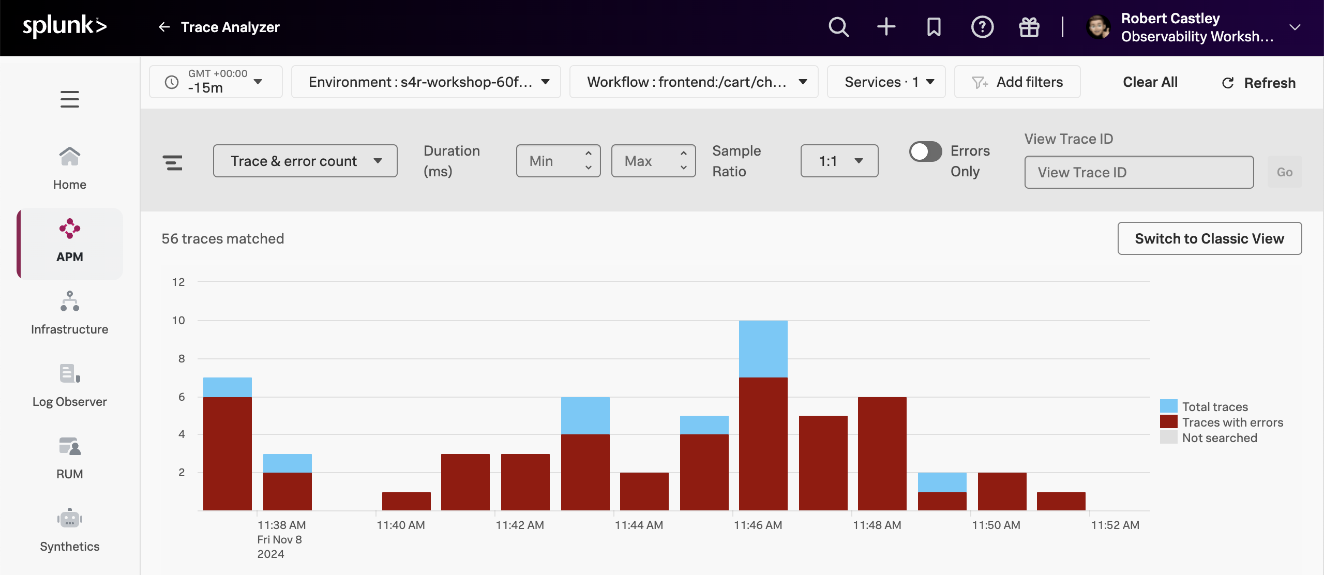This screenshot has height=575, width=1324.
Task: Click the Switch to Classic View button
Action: coord(1209,238)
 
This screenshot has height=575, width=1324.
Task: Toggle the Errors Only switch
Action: coord(925,152)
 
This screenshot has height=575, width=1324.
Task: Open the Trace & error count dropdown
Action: coord(305,161)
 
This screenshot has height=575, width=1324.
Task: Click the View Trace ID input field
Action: coord(1139,172)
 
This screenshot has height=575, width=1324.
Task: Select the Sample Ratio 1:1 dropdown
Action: coord(839,161)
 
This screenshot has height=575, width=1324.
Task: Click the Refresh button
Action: coord(1259,83)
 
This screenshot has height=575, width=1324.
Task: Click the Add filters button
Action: coord(1017,82)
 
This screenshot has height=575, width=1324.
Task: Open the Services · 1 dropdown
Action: coord(886,82)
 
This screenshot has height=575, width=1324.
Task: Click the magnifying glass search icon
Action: coord(838,27)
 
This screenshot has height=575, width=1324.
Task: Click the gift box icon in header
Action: coord(1029,27)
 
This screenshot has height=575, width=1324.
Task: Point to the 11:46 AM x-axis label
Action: coord(758,525)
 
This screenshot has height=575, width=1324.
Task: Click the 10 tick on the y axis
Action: coord(178,321)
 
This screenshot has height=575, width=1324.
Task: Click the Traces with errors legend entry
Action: coord(1232,422)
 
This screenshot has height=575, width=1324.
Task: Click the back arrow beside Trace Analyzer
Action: coord(164,27)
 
